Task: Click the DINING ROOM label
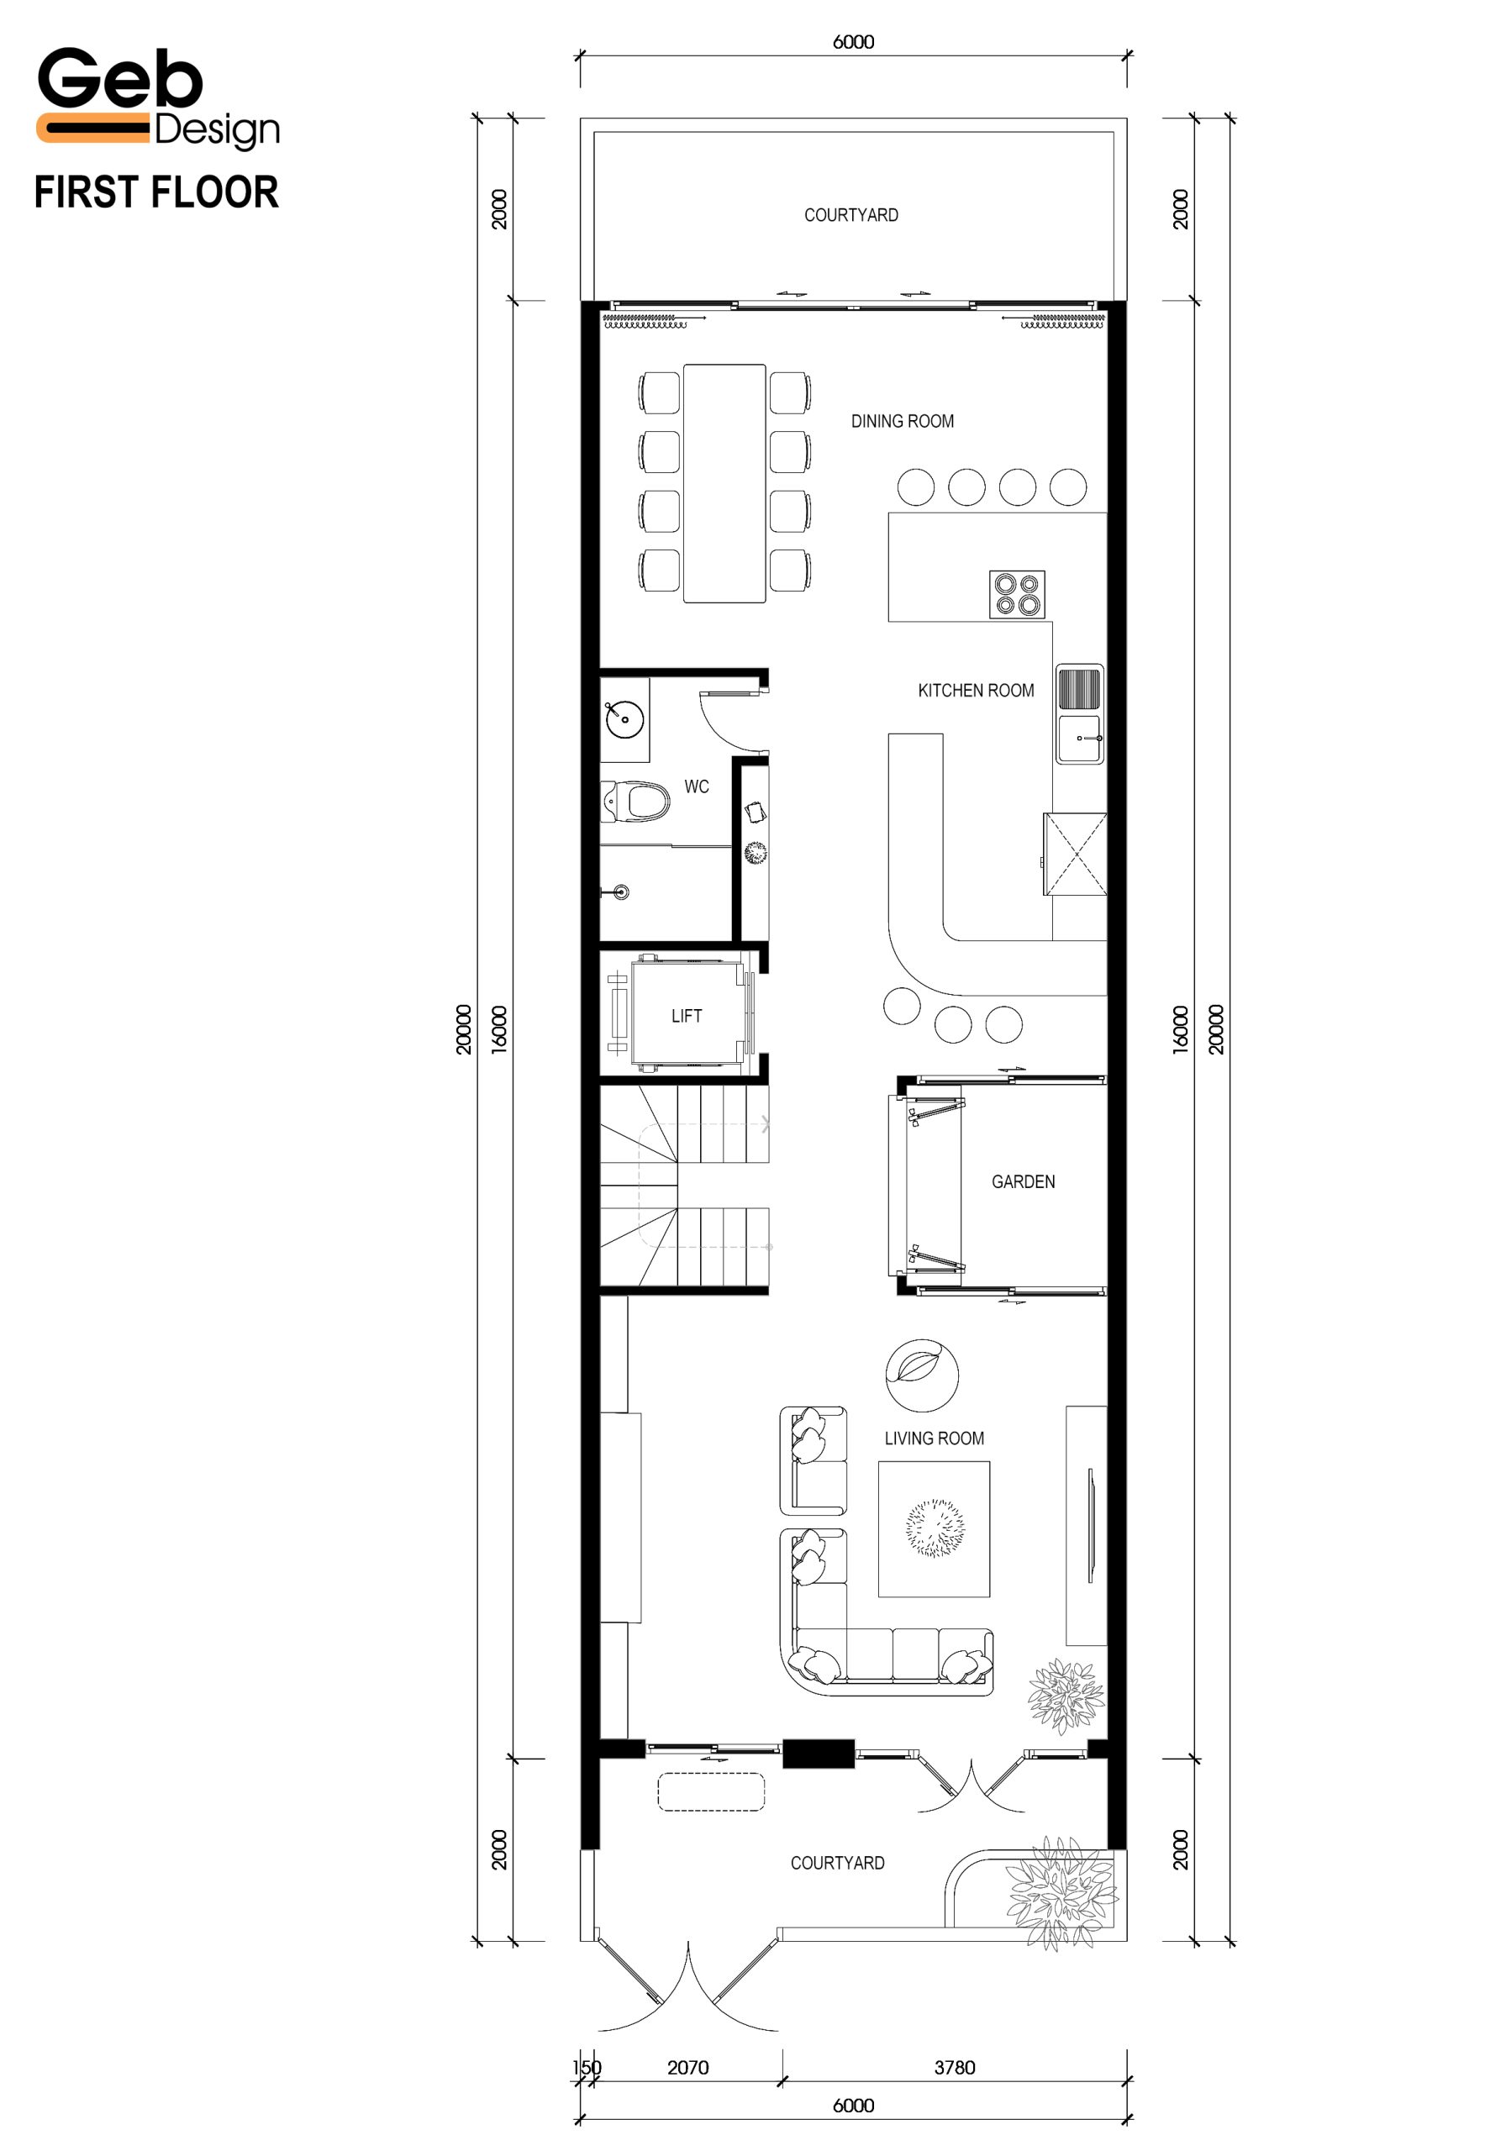902,422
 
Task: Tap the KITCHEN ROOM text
975,691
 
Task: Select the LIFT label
687,1016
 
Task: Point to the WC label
696,786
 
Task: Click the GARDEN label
1023,1181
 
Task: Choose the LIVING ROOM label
935,1438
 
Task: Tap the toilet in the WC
635,801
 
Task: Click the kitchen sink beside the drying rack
1079,739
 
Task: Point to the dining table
724,483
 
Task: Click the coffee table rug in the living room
935,1528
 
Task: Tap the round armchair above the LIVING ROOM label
922,1375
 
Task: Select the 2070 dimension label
687,2067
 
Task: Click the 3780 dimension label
955,2067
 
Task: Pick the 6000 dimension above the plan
853,42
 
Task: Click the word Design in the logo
217,131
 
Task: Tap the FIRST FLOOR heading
156,192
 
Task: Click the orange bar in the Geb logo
93,128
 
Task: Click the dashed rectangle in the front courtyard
711,1792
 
